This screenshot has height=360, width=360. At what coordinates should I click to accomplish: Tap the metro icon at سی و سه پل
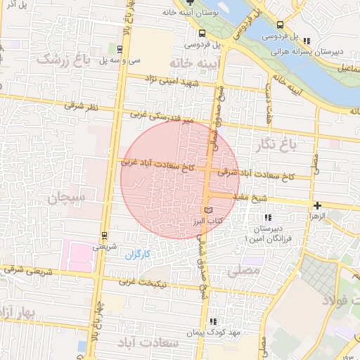pos(120,49)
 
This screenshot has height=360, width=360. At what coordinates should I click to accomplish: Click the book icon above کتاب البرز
pos(206,210)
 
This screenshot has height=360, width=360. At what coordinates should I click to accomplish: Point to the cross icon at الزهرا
pos(318,206)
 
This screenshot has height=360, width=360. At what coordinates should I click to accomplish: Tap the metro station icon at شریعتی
pos(104,236)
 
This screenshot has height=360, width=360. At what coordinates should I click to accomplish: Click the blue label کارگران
pos(139,255)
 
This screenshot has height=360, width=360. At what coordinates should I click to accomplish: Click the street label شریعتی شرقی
pos(26,269)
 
